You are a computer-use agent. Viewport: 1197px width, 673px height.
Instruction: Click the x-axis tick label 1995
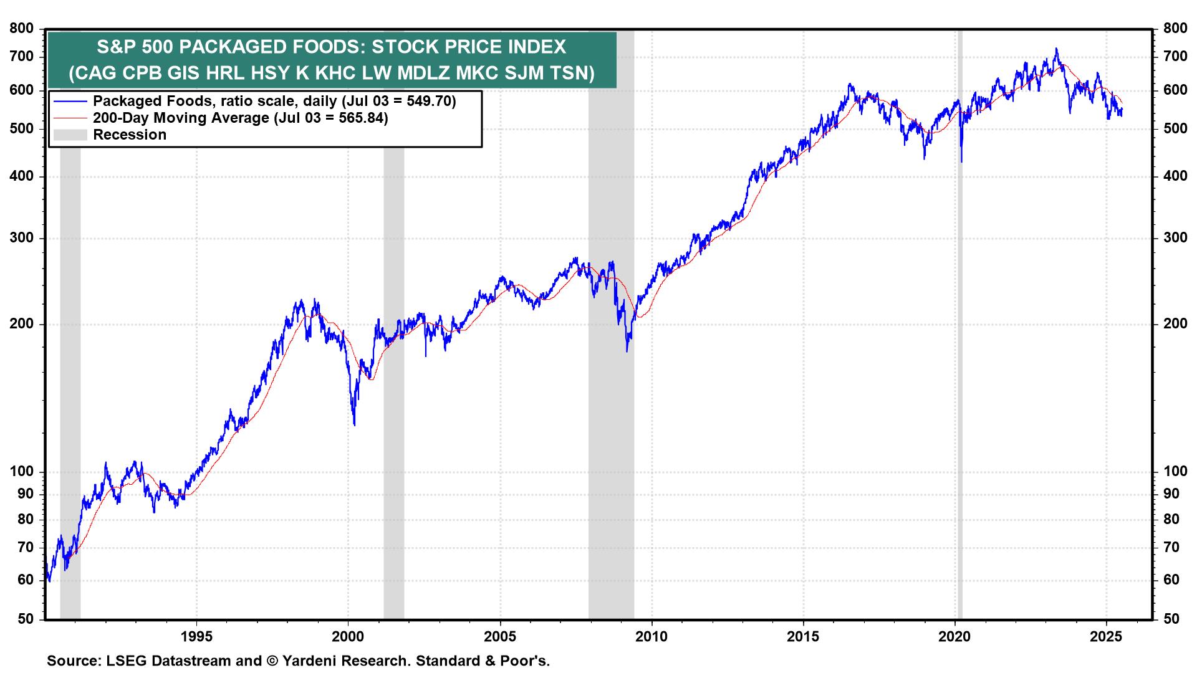196,637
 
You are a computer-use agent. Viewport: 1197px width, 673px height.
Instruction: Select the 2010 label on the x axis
651,637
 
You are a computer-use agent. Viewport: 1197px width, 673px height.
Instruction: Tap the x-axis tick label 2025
1107,637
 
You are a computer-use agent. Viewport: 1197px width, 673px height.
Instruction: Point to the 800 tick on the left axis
22,29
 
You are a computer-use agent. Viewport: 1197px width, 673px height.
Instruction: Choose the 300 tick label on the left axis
22,238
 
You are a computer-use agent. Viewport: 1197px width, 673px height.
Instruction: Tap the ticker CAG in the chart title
97,74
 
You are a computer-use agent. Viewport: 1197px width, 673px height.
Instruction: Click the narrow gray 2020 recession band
959,374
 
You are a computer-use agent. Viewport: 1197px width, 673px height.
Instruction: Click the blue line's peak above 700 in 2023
1055,49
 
